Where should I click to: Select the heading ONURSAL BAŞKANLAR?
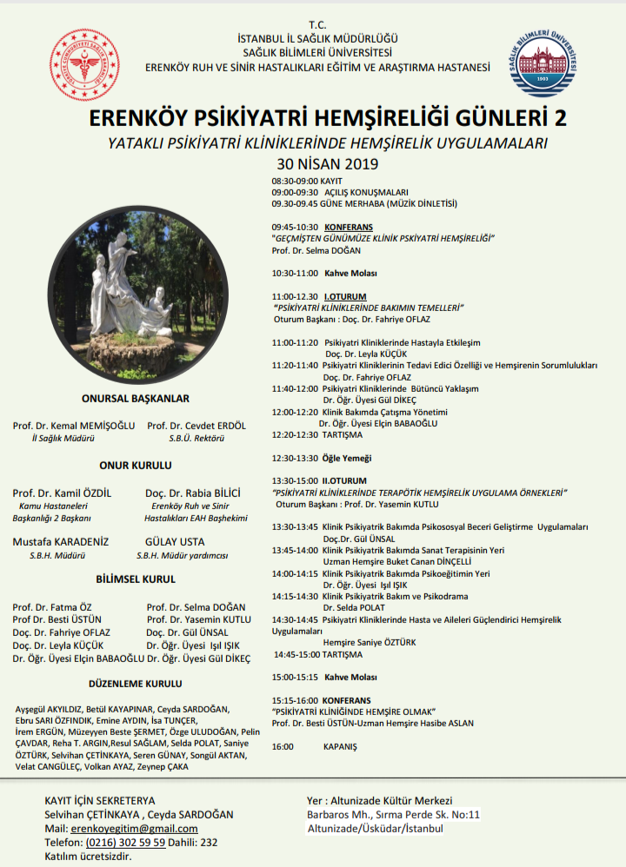pyautogui.click(x=135, y=399)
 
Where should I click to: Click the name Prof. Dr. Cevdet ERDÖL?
pyautogui.click(x=196, y=426)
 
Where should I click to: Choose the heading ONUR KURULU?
pyautogui.click(x=135, y=466)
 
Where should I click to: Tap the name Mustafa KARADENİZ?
pyautogui.click(x=61, y=541)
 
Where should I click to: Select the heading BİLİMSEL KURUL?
pyautogui.click(x=136, y=579)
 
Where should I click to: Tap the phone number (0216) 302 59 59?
pyautogui.click(x=126, y=842)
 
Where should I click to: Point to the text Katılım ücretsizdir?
pyautogui.click(x=88, y=856)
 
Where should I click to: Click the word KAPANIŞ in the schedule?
pyautogui.click(x=340, y=746)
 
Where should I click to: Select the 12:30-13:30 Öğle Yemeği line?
pyautogui.click(x=322, y=458)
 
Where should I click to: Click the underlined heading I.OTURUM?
pyautogui.click(x=345, y=295)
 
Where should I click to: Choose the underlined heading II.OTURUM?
pyautogui.click(x=344, y=480)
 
